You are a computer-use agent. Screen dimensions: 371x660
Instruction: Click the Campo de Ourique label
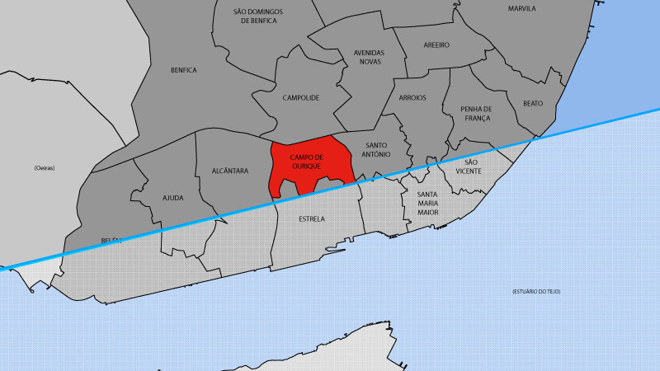[307, 161]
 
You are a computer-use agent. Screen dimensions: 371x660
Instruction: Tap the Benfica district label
[183, 70]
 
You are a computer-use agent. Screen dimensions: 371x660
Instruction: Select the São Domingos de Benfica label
[257, 16]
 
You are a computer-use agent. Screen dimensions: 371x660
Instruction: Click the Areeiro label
[436, 45]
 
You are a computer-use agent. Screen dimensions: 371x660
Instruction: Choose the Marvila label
[522, 8]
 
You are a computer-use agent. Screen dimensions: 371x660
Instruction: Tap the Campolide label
[300, 97]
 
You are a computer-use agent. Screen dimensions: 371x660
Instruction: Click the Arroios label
[412, 97]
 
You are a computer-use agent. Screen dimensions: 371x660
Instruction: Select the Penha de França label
[476, 113]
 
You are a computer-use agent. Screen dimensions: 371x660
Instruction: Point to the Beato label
[533, 104]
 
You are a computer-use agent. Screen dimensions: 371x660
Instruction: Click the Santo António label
[380, 150]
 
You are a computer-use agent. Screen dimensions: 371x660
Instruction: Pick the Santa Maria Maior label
[427, 203]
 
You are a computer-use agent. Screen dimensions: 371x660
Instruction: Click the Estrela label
[311, 219]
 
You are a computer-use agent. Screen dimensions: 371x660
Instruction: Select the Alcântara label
[229, 171]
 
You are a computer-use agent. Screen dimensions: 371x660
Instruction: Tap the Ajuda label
[173, 198]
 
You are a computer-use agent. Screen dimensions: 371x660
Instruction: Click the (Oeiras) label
[45, 168]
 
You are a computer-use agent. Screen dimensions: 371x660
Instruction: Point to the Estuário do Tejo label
[541, 291]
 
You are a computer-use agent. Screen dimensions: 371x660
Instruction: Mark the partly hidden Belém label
[111, 240]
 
